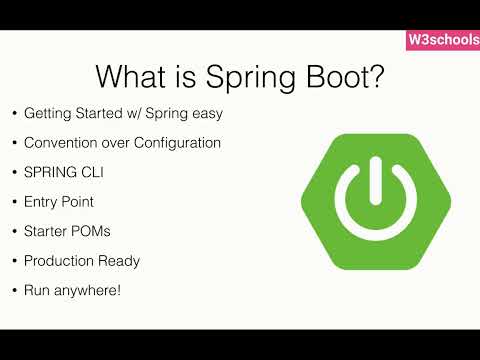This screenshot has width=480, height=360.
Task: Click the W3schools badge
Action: (x=443, y=40)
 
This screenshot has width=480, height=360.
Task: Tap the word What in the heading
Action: (x=130, y=76)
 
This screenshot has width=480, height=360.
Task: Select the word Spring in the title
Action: (x=251, y=79)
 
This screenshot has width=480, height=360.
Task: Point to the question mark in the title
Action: (x=376, y=76)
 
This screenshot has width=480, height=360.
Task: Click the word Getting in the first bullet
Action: (x=48, y=114)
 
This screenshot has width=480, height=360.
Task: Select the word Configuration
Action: (x=177, y=143)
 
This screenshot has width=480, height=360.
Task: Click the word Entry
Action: (x=40, y=202)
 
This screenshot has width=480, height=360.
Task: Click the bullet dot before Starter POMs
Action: (x=14, y=231)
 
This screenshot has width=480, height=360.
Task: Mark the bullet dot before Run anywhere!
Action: (x=14, y=290)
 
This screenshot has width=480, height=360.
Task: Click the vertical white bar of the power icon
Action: (x=376, y=180)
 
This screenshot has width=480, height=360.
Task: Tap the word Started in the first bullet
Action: (x=99, y=113)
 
